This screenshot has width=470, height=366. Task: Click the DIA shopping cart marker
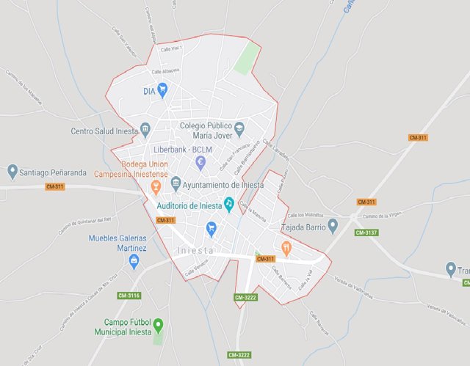163,90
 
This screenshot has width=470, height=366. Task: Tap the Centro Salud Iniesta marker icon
145,131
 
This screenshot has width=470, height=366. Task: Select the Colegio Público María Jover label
211,130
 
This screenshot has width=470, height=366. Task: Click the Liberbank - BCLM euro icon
200,161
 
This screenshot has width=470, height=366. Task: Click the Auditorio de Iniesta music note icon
228,203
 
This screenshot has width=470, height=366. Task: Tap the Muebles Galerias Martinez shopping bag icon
134,261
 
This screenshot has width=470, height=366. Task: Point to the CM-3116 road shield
129,295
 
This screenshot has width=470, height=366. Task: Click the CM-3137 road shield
366,233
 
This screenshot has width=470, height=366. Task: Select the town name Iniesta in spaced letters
195,250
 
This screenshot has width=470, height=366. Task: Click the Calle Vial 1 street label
170,48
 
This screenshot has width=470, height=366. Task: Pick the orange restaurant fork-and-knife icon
286,248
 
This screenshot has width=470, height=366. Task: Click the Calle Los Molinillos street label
305,215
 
